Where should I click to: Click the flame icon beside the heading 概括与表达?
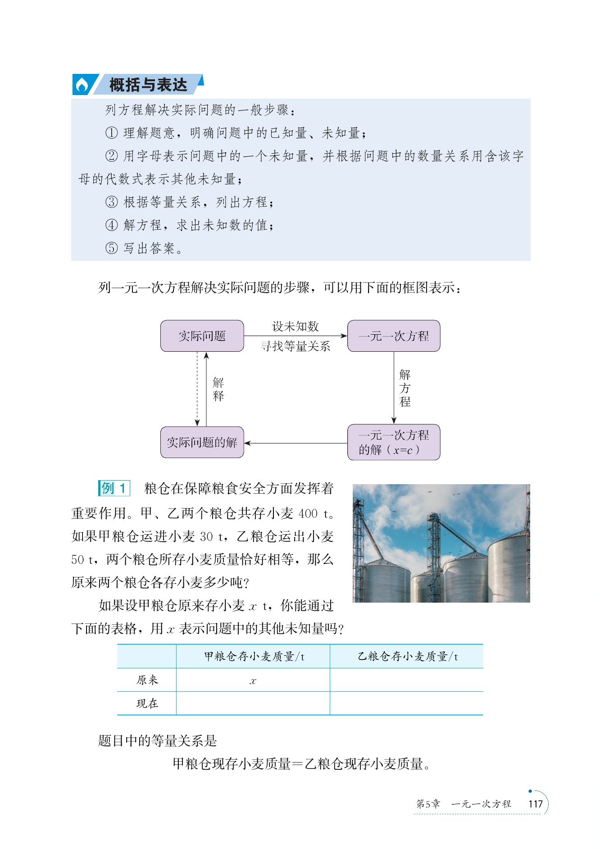pos(82,85)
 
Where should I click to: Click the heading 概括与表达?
pos(148,85)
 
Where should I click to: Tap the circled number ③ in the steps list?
pos(111,202)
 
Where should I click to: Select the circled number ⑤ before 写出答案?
pos(111,248)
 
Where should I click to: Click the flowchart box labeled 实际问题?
pos(202,336)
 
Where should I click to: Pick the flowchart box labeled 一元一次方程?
pos(394,336)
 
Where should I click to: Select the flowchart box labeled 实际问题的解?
pos(202,442)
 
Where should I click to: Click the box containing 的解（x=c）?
pos(394,442)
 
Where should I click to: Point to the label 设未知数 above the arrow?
pos(295,326)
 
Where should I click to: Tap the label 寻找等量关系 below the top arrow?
pos(295,346)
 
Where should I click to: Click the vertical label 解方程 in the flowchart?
pos(405,388)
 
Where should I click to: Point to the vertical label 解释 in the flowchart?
pos(218,389)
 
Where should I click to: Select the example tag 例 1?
pos(114,488)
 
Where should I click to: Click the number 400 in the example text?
pos(308,513)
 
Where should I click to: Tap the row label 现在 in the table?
pos(147,704)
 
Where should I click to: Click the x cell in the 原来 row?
pos(253,681)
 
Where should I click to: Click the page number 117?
pos(535,804)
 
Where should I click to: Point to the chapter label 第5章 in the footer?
pos(427,804)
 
